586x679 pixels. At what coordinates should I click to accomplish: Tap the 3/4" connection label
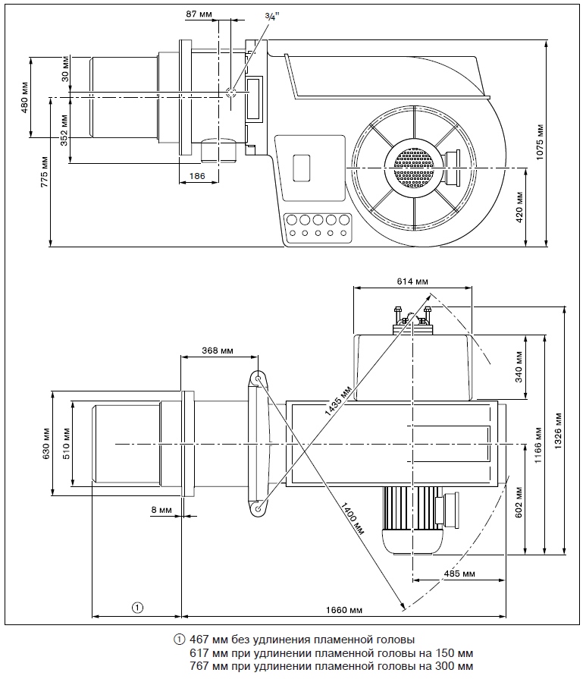tap(271, 16)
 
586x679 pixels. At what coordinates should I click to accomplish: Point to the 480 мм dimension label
tap(24, 97)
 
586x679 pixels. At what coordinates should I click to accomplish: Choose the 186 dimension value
tap(197, 176)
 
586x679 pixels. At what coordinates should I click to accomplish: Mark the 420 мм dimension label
tap(520, 206)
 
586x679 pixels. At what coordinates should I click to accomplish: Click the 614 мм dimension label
tap(412, 281)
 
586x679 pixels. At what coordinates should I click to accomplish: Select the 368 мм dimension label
tap(218, 351)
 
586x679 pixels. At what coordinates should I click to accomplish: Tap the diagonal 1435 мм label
tap(338, 399)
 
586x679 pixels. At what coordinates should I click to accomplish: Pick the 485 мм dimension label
tap(459, 574)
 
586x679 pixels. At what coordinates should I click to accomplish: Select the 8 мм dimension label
tap(161, 510)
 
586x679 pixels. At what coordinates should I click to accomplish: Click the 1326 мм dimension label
tap(558, 430)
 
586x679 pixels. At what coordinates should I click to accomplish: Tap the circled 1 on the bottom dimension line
tap(137, 607)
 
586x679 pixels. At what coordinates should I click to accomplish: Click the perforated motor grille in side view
tap(412, 165)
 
